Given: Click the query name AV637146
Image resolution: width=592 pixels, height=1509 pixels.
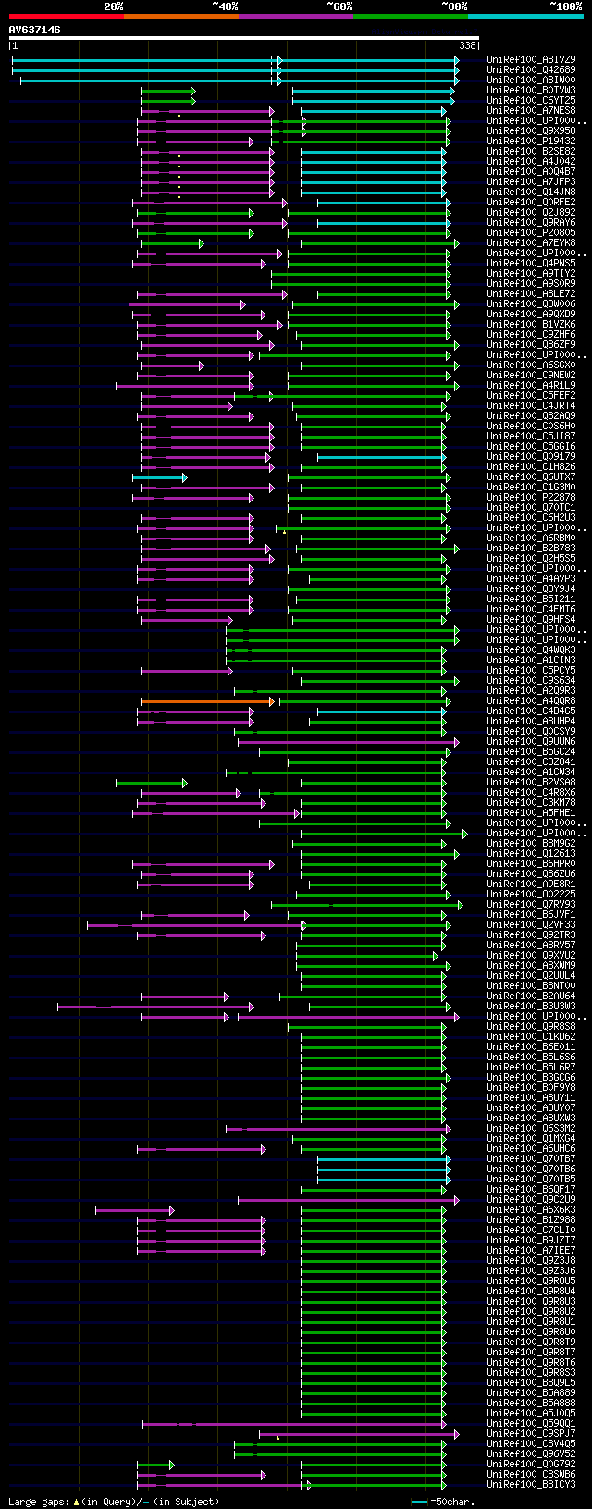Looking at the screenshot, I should click(35, 31).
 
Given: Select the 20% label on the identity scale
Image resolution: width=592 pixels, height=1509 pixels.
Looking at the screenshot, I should click(113, 6).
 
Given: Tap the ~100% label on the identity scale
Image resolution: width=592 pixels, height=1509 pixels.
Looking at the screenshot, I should click(565, 6).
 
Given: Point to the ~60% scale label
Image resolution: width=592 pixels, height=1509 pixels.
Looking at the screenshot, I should click(339, 6).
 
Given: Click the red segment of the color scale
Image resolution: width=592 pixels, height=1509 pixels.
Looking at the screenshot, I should click(66, 17).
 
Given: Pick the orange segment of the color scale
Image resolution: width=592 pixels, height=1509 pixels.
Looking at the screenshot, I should click(180, 17).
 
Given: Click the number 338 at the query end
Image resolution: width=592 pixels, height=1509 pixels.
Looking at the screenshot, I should click(467, 44).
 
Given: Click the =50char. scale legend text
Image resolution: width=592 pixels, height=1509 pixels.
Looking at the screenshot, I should click(454, 1502).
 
